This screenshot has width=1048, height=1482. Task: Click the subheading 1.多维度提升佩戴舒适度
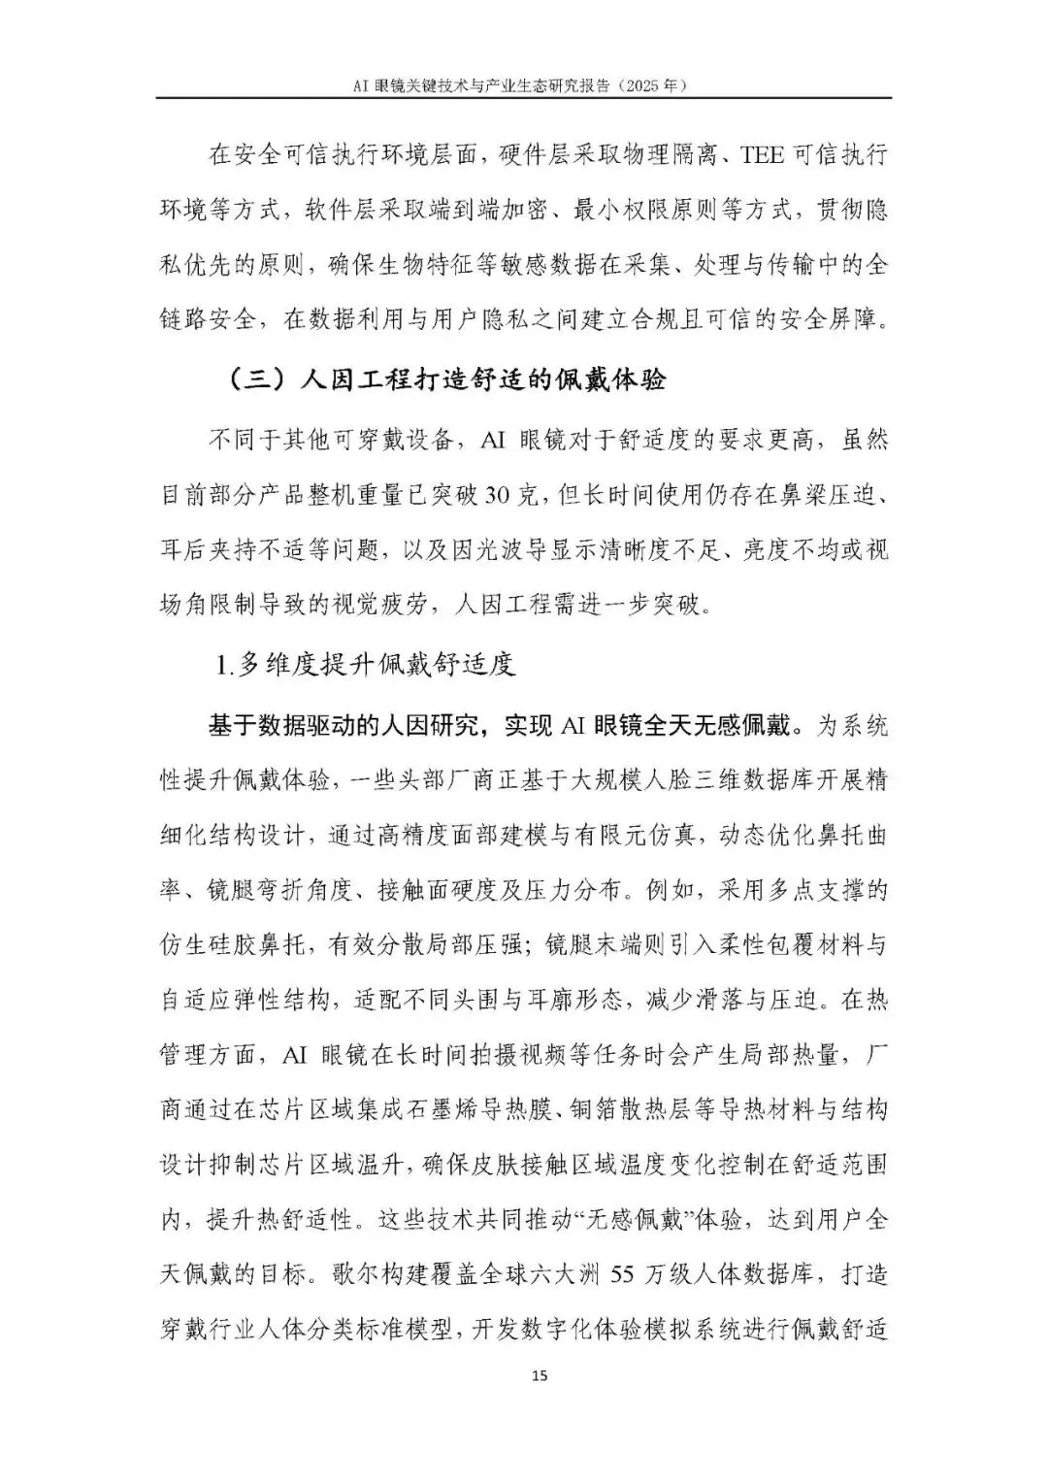point(364,666)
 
